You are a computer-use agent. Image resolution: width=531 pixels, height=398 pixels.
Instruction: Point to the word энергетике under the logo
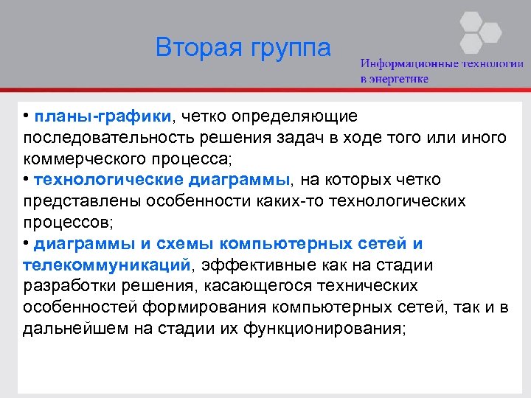click(x=400, y=79)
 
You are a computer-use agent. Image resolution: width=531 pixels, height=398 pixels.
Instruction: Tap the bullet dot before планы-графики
click(x=26, y=116)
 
